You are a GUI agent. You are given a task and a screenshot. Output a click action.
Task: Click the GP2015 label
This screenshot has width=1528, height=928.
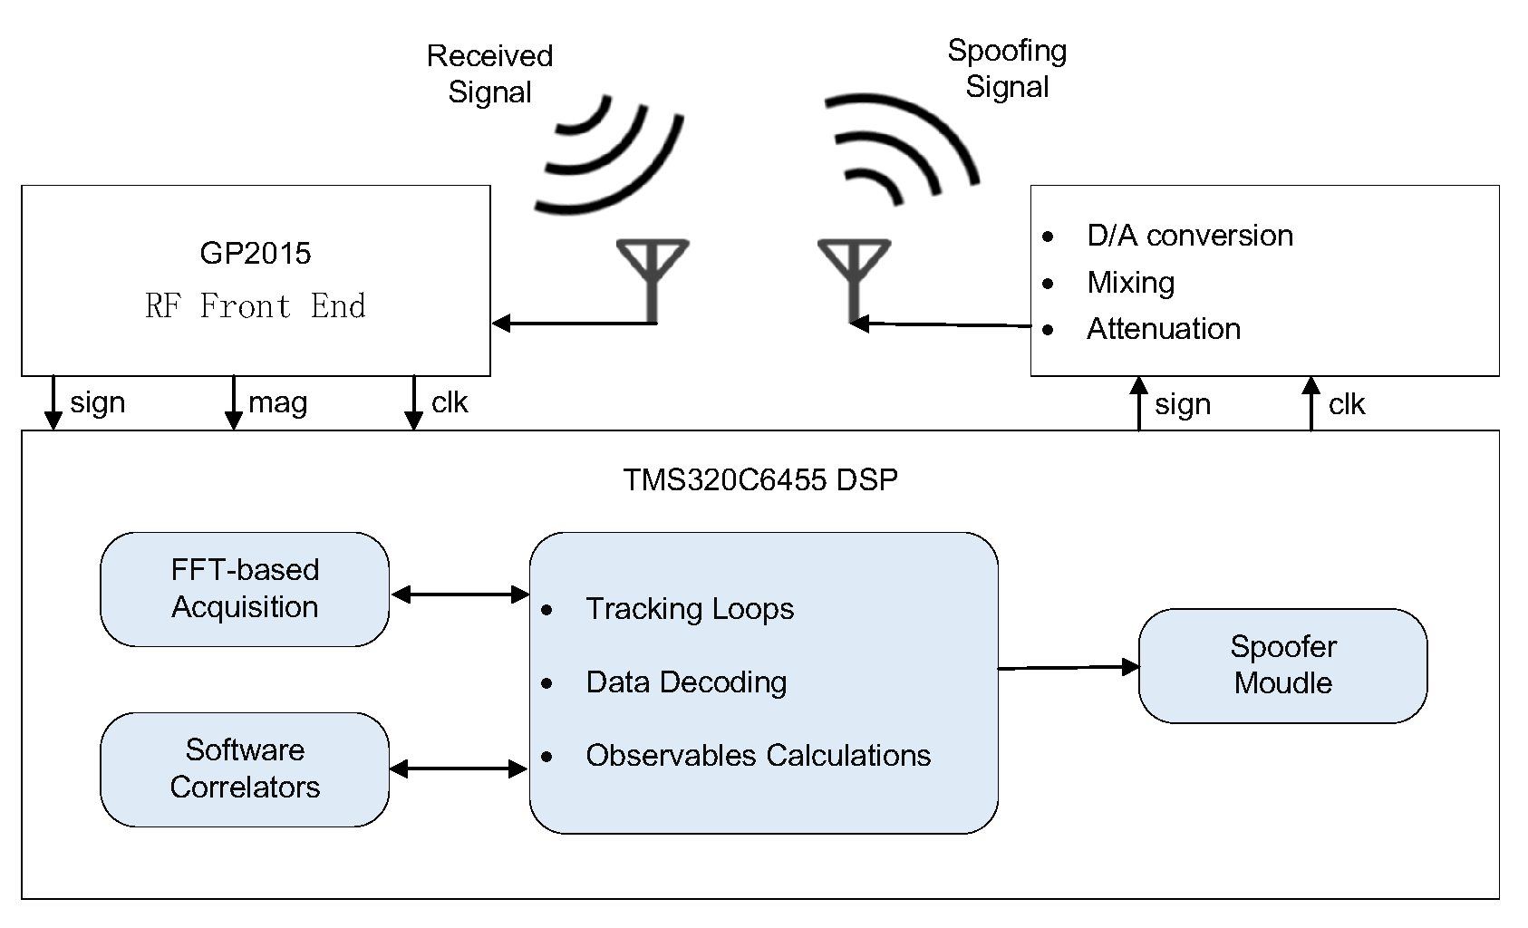click(x=255, y=253)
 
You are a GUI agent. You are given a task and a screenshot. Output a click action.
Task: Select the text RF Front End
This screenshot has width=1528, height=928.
click(x=255, y=306)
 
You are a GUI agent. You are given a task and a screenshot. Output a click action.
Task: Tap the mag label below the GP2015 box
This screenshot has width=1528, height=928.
click(x=277, y=402)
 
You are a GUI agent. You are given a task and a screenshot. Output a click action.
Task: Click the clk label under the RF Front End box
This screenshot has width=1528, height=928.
click(x=450, y=402)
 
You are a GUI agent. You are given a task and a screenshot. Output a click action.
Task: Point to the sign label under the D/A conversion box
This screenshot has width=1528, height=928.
click(x=1182, y=404)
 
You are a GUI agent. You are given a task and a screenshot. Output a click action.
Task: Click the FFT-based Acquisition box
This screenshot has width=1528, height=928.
click(x=245, y=589)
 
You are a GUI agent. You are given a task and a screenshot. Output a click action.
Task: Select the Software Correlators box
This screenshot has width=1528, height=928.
click(x=245, y=768)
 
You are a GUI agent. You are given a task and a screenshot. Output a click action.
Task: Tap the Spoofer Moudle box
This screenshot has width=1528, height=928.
click(x=1282, y=665)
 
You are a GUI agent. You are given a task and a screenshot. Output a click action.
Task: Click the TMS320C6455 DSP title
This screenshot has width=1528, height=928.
click(x=759, y=479)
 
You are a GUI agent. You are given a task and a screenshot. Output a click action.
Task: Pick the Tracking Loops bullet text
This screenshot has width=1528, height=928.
click(x=689, y=609)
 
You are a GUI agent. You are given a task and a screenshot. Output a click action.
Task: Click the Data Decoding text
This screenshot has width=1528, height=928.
click(x=686, y=682)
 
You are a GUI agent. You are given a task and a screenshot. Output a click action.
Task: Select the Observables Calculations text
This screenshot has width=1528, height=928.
click(x=758, y=756)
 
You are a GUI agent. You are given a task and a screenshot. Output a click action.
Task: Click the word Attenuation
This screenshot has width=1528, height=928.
click(x=1163, y=329)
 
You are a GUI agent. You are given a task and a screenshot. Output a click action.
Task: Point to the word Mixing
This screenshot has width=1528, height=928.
click(x=1130, y=283)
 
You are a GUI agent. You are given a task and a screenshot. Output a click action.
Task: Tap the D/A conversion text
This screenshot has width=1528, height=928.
click(x=1189, y=236)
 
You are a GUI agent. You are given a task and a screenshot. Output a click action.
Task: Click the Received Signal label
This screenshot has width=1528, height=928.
click(x=489, y=73)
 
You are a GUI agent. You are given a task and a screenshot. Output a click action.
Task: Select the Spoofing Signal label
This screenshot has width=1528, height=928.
click(x=1007, y=68)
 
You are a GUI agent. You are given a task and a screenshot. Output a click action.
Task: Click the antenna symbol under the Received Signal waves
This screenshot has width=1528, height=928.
click(x=653, y=272)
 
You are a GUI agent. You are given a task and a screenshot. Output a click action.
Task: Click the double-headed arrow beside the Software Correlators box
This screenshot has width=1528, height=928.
click(x=459, y=769)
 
